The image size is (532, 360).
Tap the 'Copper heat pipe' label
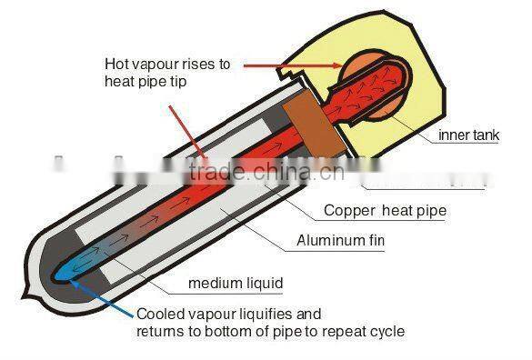385,211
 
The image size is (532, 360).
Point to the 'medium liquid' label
235,284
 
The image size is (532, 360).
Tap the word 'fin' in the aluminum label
374,241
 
